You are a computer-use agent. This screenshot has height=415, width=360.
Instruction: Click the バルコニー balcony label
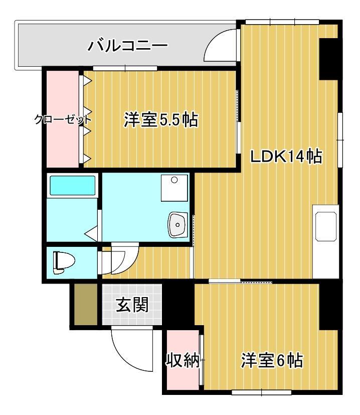pyautogui.click(x=127, y=47)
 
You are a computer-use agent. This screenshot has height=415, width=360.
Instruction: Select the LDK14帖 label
pyautogui.click(x=286, y=157)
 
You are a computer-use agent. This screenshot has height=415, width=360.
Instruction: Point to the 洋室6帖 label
pyautogui.click(x=272, y=360)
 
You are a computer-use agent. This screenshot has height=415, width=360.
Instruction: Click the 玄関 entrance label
pyautogui.click(x=132, y=305)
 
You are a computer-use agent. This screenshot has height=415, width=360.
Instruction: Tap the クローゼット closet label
pyautogui.click(x=63, y=119)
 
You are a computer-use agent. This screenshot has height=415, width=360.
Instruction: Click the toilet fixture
pyautogui.click(x=64, y=262)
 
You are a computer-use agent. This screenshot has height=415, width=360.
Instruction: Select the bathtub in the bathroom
pyautogui.click(x=73, y=185)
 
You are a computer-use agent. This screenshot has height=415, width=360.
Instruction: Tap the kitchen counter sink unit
pyautogui.click(x=326, y=226)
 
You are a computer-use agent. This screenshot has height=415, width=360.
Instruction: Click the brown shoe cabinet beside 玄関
pyautogui.click(x=86, y=304)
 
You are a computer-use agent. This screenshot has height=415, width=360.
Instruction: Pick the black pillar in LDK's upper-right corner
pyautogui.click(x=329, y=58)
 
